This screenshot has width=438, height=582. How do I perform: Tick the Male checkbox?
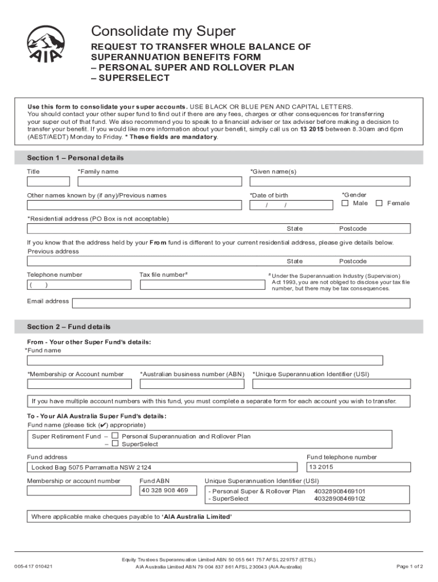click(345, 203)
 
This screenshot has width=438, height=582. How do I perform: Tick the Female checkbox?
click(379, 203)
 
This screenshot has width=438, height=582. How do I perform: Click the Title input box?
click(48, 181)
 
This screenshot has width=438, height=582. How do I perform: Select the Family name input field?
click(159, 181)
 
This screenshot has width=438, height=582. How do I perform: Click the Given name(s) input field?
click(330, 181)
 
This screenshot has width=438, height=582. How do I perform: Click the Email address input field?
click(241, 303)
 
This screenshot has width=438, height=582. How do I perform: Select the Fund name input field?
click(205, 360)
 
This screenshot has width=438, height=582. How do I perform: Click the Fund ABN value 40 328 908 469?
click(164, 490)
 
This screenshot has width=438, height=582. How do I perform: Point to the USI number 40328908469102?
click(340, 499)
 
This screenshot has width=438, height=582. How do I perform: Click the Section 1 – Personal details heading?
click(75, 157)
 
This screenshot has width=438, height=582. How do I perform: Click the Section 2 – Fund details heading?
click(69, 327)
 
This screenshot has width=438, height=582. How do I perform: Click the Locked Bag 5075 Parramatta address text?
click(91, 468)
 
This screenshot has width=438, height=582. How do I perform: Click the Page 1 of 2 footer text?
click(410, 567)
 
